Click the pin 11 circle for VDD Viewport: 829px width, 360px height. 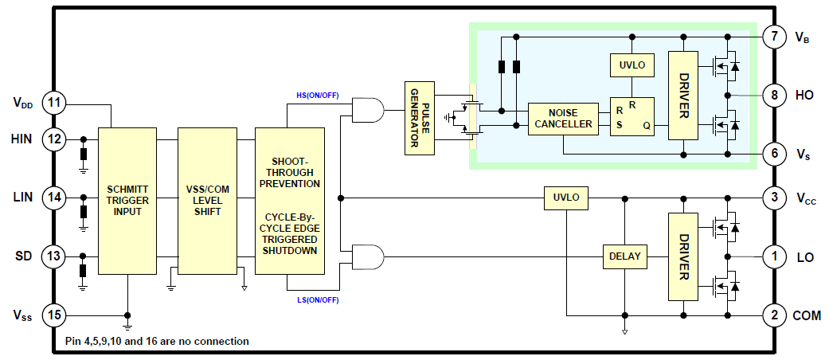pos(53,103)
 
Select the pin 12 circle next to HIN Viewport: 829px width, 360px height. pos(53,139)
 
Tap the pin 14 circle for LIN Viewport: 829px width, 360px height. pos(53,198)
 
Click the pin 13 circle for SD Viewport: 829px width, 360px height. pos(53,256)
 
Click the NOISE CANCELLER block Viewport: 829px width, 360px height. pos(563,118)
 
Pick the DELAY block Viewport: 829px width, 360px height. pos(624,256)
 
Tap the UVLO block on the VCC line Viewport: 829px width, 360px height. pos(566,198)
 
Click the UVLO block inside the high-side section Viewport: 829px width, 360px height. pos(632,62)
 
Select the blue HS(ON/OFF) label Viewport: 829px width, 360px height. pos(318,96)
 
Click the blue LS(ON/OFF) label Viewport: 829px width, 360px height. pos(318,299)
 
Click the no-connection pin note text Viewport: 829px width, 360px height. pos(157,341)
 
